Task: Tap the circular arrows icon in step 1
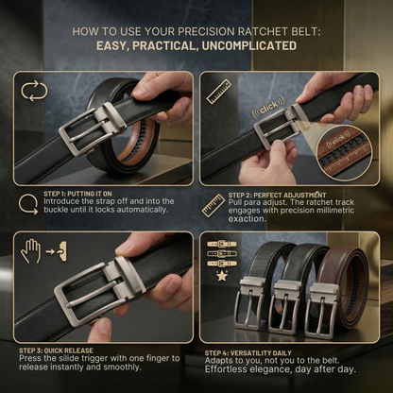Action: point(34,92)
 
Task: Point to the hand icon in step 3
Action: point(30,250)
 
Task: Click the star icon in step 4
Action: point(223,277)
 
